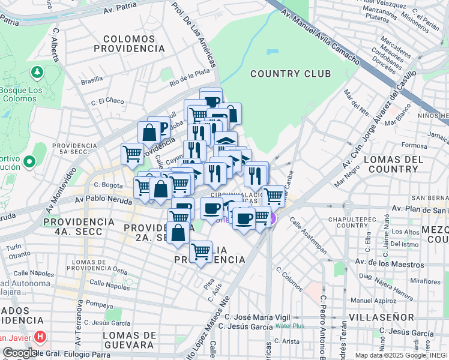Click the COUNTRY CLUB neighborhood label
pos(291,74)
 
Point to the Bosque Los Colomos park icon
pos(37,73)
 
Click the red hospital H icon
pos(40,337)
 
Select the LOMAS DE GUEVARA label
pos(128,340)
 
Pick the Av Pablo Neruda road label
pos(104,200)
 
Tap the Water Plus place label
pos(290,326)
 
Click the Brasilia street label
pos(92,80)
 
